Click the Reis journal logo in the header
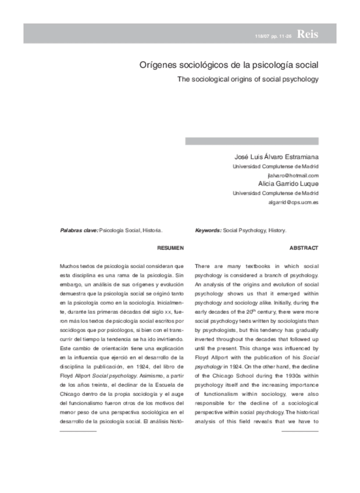[308, 34]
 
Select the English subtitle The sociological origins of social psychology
[248, 79]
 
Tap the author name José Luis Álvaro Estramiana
[276, 156]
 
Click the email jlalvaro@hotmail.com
[293, 175]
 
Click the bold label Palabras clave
[79, 230]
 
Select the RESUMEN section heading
[170, 248]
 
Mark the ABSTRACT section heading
[304, 248]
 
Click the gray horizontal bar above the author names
[251, 141]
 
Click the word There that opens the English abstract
[204, 266]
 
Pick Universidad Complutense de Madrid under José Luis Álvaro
[275, 166]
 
